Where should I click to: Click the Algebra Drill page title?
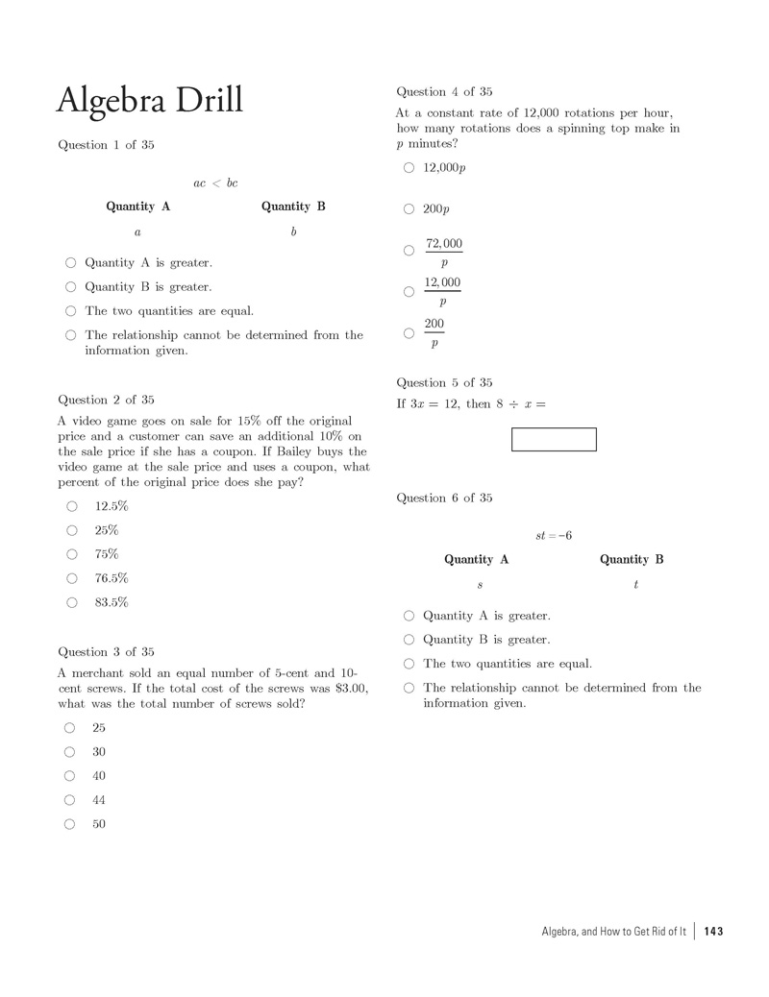coord(150,100)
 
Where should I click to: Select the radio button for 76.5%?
coord(72,578)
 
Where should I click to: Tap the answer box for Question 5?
coord(554,439)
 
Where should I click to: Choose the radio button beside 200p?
coord(409,209)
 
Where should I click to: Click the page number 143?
coord(713,931)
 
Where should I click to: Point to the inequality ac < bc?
coord(215,182)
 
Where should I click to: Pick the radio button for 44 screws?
coord(70,800)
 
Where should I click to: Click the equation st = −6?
coord(554,535)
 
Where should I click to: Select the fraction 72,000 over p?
coord(443,253)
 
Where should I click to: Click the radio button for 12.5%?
coord(72,506)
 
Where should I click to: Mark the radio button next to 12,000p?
coord(409,167)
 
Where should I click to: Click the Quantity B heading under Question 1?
coord(293,207)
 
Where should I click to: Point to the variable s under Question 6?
coord(480,584)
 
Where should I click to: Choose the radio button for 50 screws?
coord(70,824)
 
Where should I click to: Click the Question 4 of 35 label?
coord(444,91)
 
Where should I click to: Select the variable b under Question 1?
coord(293,231)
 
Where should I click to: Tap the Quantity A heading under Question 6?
coord(476,559)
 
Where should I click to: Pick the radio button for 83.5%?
coord(72,602)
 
